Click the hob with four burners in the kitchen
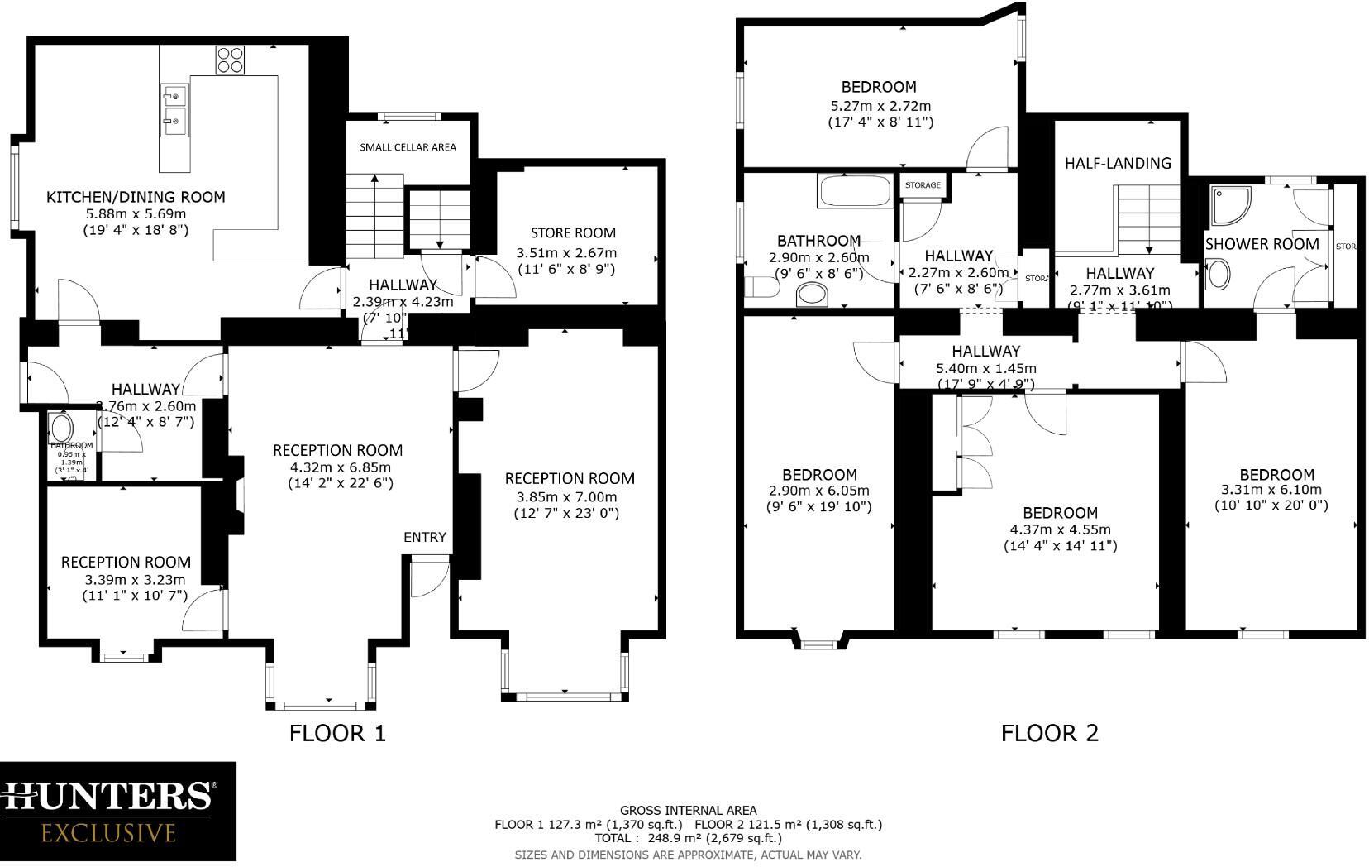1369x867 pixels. tap(231, 60)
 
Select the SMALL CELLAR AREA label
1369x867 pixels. tap(408, 147)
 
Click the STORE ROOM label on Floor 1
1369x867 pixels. tap(573, 233)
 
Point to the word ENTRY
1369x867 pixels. tap(425, 538)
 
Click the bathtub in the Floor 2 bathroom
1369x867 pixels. tap(855, 191)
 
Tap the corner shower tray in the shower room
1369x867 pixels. tap(1230, 205)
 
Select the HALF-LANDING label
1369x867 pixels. tap(1118, 164)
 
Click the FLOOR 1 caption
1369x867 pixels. tap(337, 733)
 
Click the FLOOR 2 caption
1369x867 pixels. tap(1050, 733)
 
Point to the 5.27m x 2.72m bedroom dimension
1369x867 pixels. tap(880, 106)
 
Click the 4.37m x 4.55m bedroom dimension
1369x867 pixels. tap(1060, 529)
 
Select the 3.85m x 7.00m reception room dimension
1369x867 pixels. tap(566, 497)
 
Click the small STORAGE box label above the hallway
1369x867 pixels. tap(923, 185)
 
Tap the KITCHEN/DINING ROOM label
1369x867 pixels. tap(136, 197)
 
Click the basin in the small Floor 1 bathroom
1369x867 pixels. tap(62, 428)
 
